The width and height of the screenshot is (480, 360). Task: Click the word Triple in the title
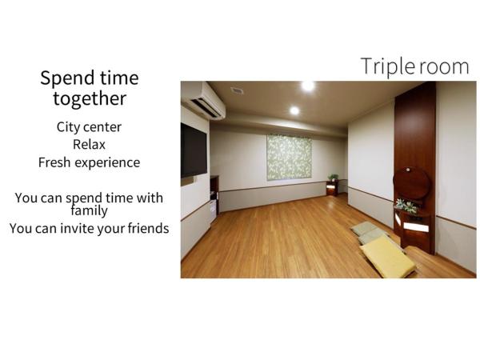tap(386, 66)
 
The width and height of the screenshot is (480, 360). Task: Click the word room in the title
tap(442, 66)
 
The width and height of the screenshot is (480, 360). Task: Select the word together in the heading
tap(90, 98)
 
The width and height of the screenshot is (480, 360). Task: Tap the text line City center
tap(89, 127)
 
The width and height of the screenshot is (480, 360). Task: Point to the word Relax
tap(89, 145)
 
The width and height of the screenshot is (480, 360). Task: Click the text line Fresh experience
tap(89, 162)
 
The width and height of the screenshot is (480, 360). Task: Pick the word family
tap(89, 211)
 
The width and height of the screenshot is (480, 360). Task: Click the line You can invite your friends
tap(89, 229)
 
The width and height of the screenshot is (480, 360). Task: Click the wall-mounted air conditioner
tap(202, 101)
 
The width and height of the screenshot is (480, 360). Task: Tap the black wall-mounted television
tap(193, 150)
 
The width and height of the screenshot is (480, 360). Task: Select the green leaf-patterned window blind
tap(288, 157)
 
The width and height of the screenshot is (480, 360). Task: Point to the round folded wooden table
tap(412, 183)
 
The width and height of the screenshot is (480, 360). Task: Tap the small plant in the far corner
tap(333, 178)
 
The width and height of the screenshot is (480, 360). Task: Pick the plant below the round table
tap(407, 206)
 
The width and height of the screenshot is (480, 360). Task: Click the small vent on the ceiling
tap(237, 90)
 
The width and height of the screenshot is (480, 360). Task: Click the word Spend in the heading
tap(62, 78)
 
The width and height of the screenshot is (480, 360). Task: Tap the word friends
tap(148, 229)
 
